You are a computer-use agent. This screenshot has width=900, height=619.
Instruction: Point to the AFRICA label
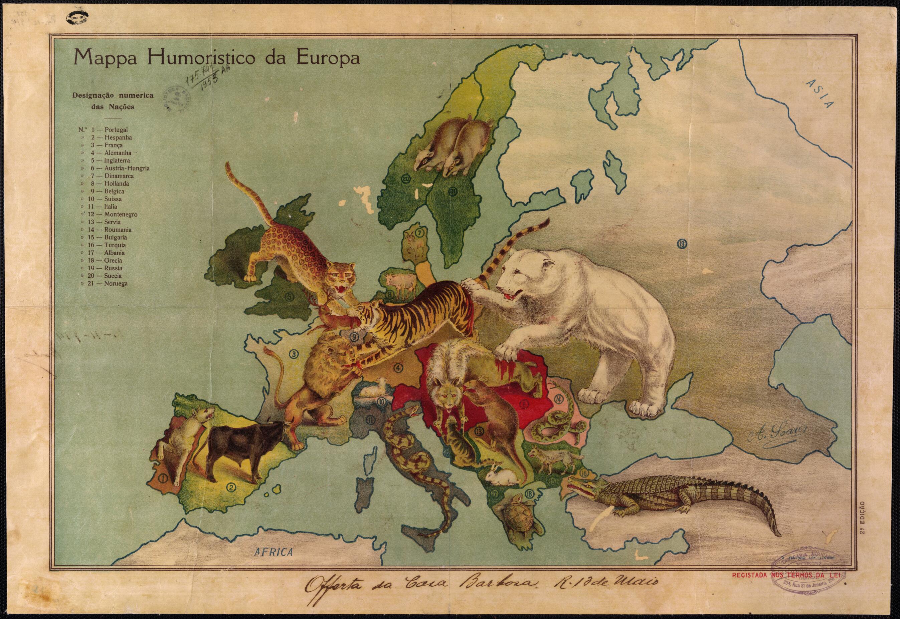point(274,552)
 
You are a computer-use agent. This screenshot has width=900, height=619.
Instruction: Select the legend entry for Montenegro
point(120,214)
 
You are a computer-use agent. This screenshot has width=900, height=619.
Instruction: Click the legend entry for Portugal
point(116,129)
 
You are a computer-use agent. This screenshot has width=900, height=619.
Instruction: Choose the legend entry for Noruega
point(115,283)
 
